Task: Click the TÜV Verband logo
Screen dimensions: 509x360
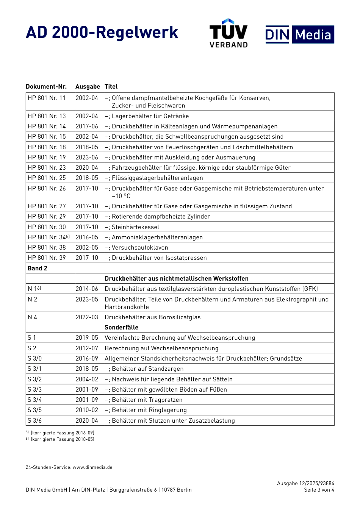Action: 229,33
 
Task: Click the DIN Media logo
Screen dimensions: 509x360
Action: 300,35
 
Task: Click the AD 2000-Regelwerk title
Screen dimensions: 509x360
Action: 102,33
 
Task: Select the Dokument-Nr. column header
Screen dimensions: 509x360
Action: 46,87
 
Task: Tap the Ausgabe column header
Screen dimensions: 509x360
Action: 88,87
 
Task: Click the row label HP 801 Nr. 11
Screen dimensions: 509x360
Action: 47,98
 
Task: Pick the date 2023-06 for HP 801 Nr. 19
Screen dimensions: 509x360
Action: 87,158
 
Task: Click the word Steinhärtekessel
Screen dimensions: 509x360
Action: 135,227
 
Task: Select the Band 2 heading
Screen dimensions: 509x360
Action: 38,269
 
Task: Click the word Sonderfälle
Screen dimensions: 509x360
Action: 122,328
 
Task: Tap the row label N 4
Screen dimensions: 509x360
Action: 33,317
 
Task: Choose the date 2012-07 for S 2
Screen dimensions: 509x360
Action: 87,348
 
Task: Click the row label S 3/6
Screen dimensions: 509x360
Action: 35,421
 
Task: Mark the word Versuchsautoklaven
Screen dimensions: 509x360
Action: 140,248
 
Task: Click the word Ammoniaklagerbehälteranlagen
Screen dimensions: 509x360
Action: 157,237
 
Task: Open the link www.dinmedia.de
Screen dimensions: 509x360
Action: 92,467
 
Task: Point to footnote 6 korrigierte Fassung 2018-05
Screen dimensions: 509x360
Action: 61,439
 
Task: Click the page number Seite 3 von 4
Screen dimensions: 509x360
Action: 319,490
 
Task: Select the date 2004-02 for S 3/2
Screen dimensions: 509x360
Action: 87,379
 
